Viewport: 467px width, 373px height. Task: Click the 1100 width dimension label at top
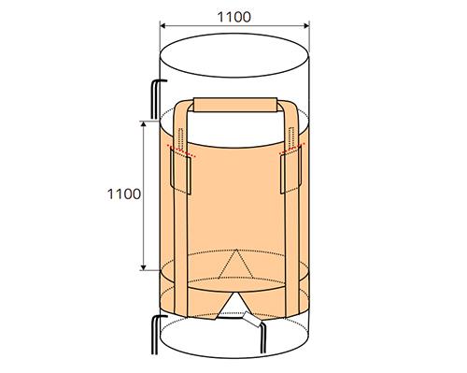pos(233,17)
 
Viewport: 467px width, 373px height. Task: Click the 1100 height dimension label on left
pos(124,194)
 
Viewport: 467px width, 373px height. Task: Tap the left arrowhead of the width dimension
pos(163,26)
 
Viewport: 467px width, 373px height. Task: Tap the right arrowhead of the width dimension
pos(306,26)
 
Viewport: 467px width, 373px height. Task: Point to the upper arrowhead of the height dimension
pos(143,124)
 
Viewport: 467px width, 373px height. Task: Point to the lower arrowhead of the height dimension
pos(143,267)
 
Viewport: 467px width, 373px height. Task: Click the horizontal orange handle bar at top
pos(235,105)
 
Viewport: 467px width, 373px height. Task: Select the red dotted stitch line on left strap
pos(181,151)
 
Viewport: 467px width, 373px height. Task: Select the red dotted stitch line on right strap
pos(291,149)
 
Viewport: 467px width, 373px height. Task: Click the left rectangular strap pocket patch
pos(180,172)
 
